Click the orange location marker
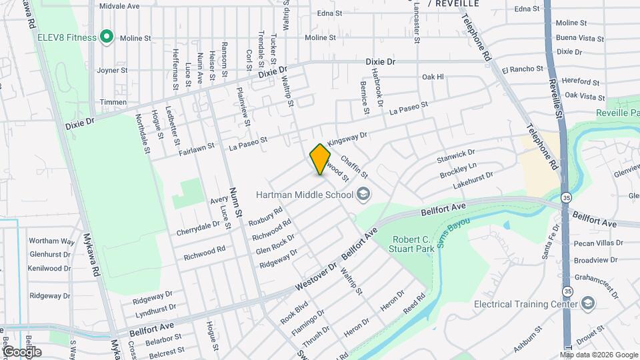coord(321,159)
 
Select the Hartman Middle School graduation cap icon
coord(363,195)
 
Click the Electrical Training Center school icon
coord(588,305)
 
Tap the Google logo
coord(22,351)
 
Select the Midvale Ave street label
coord(119,5)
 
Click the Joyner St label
coord(111,70)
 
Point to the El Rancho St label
coord(523,69)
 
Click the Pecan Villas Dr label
coord(598,244)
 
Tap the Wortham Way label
coord(51,241)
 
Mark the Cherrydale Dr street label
coord(198,228)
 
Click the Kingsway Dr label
coord(347,139)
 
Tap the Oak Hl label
coord(433,77)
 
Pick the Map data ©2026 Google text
coord(598,354)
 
